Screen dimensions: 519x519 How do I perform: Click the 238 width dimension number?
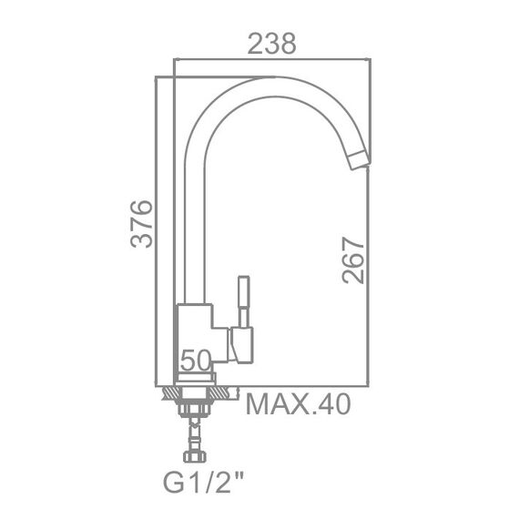(x=271, y=44)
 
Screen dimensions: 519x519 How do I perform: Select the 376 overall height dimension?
(x=142, y=224)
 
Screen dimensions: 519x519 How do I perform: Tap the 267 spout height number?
(x=353, y=260)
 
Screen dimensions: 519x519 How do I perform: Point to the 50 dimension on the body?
(x=196, y=360)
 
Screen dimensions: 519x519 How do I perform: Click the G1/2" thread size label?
(x=204, y=483)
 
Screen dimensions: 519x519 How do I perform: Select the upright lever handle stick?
(x=244, y=302)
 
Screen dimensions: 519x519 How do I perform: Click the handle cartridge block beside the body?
(x=242, y=345)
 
